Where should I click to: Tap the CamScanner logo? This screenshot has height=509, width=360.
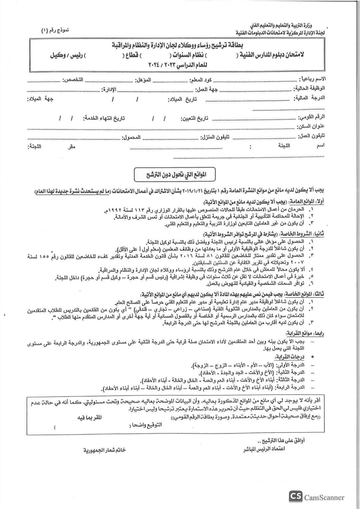click(316, 497)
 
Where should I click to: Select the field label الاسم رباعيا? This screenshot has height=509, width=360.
click(313, 79)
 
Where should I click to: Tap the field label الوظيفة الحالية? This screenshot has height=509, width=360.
click(309, 89)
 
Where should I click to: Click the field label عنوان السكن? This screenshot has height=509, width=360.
click(310, 127)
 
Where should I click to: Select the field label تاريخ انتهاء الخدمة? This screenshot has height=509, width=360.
click(104, 118)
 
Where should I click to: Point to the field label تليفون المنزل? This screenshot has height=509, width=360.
click(215, 137)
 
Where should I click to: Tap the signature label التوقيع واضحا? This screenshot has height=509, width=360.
click(150, 425)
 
